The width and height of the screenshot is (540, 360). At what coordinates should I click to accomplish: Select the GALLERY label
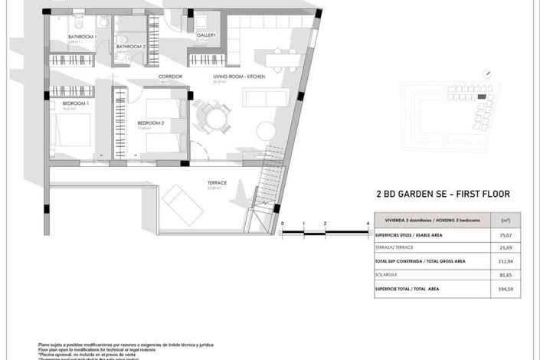206,35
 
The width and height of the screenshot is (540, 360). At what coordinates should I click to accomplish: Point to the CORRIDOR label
170,77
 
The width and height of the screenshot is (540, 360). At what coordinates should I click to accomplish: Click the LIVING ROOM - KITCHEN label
240,77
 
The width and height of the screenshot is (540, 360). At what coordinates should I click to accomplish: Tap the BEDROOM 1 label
77,103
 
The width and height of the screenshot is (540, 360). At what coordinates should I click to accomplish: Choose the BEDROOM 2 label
151,123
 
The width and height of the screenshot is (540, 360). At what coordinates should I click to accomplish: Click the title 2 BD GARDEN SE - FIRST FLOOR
443,195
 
